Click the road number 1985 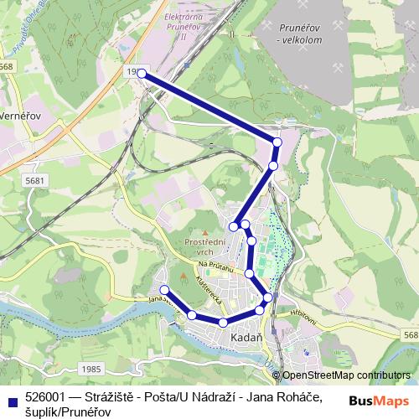[x=92, y=368]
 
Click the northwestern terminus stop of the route [x=142, y=75]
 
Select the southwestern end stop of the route [x=164, y=290]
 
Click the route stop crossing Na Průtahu [x=249, y=273]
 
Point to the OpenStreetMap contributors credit [x=344, y=375]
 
